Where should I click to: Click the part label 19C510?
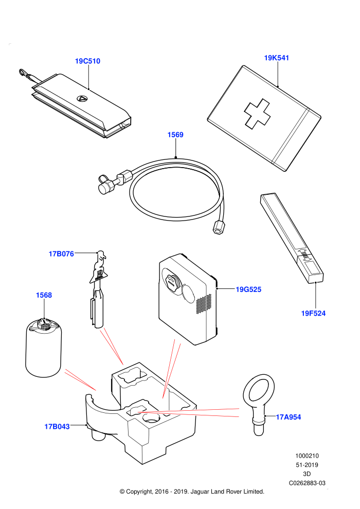pyautogui.click(x=87, y=61)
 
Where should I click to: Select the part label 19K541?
pyautogui.click(x=277, y=58)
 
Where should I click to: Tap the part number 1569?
pyautogui.click(x=175, y=135)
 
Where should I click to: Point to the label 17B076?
pyautogui.click(x=61, y=254)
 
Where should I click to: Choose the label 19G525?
pyautogui.click(x=248, y=289)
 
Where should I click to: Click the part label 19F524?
pyautogui.click(x=313, y=313)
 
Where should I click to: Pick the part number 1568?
pyautogui.click(x=44, y=295)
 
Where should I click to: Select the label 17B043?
pyautogui.click(x=57, y=427)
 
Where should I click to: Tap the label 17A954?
pyautogui.click(x=289, y=417)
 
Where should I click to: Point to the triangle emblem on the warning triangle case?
pyautogui.click(x=81, y=99)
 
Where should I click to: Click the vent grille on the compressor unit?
pyautogui.click(x=204, y=304)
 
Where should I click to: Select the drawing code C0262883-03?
pyautogui.click(x=307, y=483)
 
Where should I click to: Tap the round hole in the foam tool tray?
pyautogui.click(x=150, y=419)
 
